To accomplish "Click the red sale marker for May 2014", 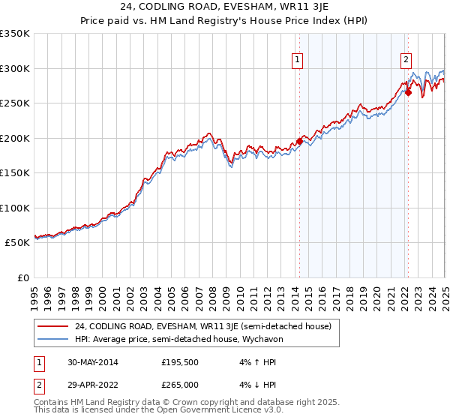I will click(299, 141).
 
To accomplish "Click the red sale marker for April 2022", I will click(408, 93).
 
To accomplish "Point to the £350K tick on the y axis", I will click(15, 34).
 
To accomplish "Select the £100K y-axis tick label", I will click(15, 208).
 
